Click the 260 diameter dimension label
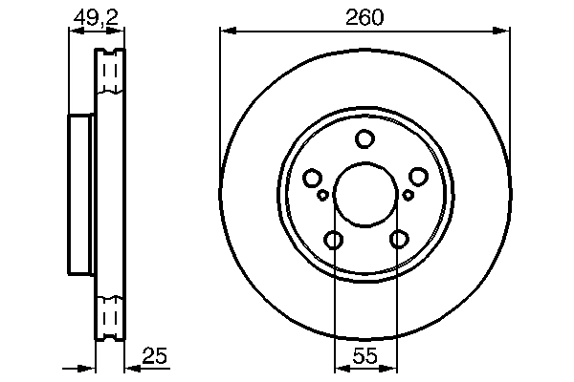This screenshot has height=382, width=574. point(364,16)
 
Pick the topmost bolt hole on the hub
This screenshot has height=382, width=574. point(364,139)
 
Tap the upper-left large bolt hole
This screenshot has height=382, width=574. point(312,178)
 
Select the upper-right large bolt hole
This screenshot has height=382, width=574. point(418,178)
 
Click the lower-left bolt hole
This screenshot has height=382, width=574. point(333,240)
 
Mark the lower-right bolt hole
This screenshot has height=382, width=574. point(397,240)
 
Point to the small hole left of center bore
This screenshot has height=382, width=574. point(322,196)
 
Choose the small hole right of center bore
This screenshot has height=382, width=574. point(408,196)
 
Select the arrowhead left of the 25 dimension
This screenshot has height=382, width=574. point(90,367)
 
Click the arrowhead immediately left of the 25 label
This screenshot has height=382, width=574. point(132,367)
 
